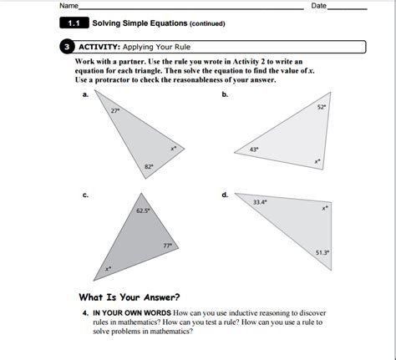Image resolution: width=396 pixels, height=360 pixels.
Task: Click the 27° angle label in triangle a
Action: [115, 109]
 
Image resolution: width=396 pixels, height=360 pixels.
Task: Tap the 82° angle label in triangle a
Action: [148, 167]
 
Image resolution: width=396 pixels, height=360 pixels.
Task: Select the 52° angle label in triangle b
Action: [322, 107]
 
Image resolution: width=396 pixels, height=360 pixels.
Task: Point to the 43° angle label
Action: [254, 150]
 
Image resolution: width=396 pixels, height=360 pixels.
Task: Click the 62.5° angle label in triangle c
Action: [143, 210]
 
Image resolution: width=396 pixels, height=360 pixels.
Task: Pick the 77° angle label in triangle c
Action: [167, 246]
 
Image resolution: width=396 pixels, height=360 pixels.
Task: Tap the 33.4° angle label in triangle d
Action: [260, 201]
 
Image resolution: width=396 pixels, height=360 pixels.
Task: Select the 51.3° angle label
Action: [322, 252]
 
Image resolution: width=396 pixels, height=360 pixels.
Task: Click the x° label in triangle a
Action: [174, 148]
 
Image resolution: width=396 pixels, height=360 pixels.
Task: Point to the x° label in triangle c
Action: [108, 268]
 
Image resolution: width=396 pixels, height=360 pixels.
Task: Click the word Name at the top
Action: [69, 6]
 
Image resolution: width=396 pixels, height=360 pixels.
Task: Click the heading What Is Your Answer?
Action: [129, 297]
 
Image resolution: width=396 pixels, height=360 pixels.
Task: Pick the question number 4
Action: [85, 312]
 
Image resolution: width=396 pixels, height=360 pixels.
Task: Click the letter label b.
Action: [225, 94]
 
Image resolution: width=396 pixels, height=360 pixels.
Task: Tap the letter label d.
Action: [225, 194]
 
